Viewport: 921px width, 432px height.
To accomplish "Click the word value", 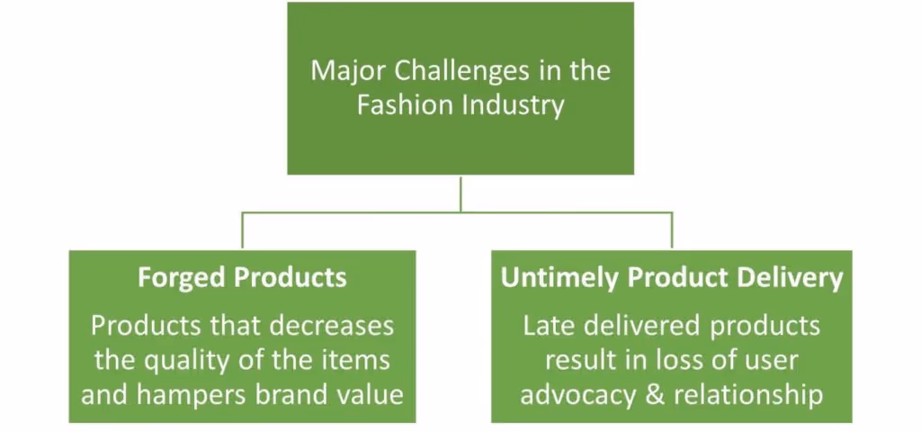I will point(371,394).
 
